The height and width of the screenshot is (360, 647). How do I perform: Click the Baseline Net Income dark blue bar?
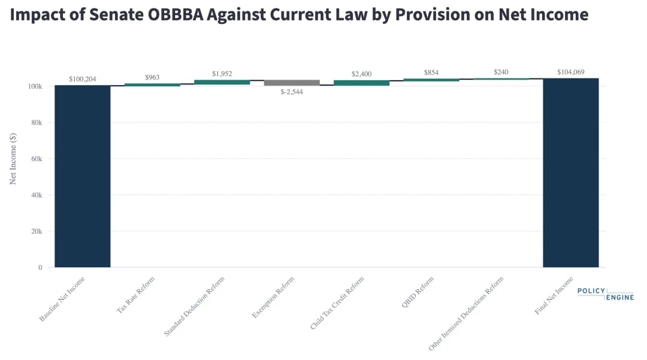[x=82, y=176]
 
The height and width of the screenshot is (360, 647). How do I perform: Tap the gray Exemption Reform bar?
[x=292, y=83]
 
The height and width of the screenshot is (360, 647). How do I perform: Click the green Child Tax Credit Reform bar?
[x=361, y=83]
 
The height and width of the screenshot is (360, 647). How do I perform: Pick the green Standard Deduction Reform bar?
[x=222, y=82]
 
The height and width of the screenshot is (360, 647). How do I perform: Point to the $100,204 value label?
[x=82, y=78]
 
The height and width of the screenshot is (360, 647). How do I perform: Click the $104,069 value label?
[x=570, y=72]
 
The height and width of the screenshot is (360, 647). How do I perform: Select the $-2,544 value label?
[x=292, y=92]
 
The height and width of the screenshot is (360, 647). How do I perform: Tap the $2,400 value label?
[x=361, y=74]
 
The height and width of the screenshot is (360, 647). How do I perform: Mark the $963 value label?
[x=152, y=77]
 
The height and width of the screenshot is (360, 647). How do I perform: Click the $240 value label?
[x=501, y=72]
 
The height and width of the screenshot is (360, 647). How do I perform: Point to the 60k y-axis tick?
[x=36, y=159]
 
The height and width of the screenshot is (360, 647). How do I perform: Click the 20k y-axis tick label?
[x=36, y=231]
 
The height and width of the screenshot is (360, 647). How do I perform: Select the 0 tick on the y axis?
[x=40, y=267]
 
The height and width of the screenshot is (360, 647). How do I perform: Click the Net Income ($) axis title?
[x=13, y=159]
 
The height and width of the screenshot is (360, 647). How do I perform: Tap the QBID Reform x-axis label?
[x=418, y=291]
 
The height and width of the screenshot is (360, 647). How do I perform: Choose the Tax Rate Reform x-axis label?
[x=135, y=295]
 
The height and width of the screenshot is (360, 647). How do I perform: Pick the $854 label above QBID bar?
[x=431, y=72]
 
